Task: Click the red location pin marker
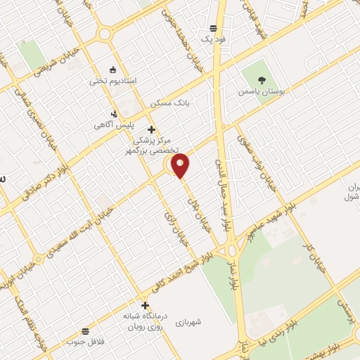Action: pos(181,165)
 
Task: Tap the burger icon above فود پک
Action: pos(213,28)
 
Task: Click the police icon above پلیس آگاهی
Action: pos(115,113)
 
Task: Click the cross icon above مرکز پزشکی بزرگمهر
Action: pos(151,129)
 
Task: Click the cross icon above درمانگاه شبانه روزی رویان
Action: pos(146,305)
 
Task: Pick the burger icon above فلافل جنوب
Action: pos(85,330)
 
